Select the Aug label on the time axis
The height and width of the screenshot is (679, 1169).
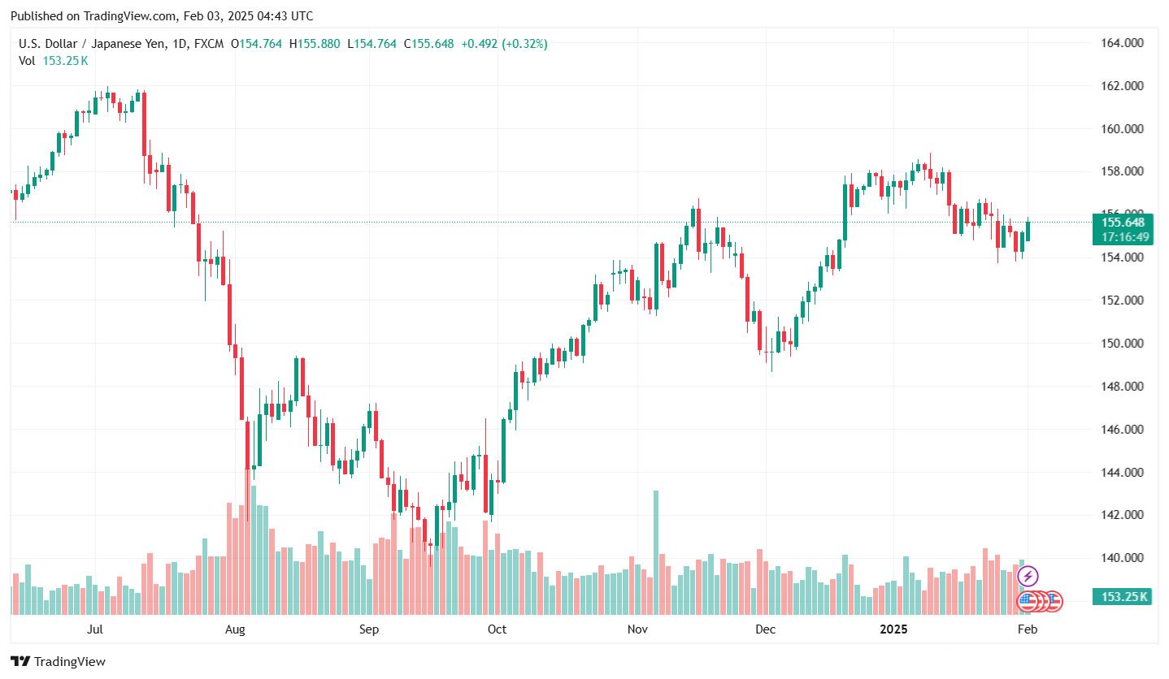(235, 629)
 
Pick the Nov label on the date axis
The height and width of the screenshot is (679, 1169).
(637, 629)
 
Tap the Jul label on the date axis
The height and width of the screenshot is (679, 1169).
(95, 629)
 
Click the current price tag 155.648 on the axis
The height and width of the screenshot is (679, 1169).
(1123, 223)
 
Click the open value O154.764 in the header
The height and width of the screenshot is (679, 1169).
(256, 44)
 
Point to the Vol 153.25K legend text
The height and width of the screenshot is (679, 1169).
(54, 61)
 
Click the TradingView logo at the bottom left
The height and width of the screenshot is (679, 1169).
(58, 662)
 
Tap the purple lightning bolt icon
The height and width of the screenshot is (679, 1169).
(1028, 577)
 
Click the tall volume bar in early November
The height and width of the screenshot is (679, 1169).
(656, 552)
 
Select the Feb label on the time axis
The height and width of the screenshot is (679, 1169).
(1027, 629)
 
